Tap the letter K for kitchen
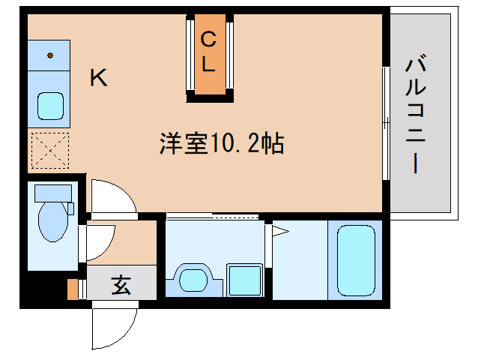[x=98, y=78]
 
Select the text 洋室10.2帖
[x=221, y=143]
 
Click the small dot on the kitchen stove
[x=50, y=55]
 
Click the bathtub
[x=355, y=259]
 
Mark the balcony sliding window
[x=386, y=123]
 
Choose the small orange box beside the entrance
[x=73, y=289]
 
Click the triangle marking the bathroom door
[x=279, y=230]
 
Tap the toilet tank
[x=53, y=193]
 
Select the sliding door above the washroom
[x=214, y=217]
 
